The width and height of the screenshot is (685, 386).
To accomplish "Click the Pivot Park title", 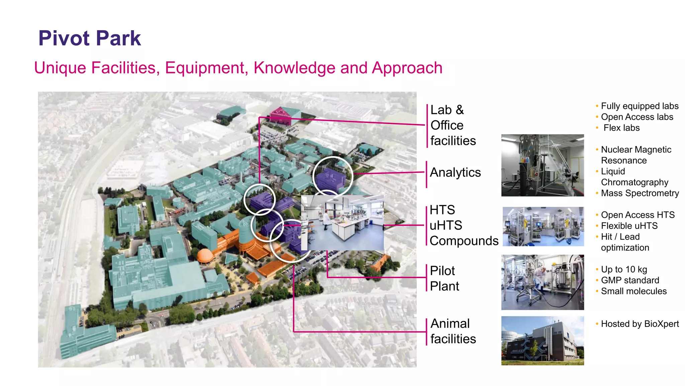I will [90, 38].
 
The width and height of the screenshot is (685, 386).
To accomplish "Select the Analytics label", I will [455, 173].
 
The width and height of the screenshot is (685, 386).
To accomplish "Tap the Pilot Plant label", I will [444, 278].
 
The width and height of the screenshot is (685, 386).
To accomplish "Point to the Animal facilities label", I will [453, 331].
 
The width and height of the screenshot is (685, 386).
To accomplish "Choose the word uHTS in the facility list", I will [446, 226].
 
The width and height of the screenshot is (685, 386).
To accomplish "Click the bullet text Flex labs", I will [621, 128].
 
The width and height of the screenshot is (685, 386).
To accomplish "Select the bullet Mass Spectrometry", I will [640, 193].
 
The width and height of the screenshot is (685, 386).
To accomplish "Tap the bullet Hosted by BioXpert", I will [640, 324].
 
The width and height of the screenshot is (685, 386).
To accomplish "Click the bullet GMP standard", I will [630, 280].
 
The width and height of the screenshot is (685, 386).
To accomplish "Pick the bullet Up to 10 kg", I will [624, 269].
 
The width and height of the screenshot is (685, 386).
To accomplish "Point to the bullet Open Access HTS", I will [638, 215].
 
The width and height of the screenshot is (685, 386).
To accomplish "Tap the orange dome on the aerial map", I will [205, 256].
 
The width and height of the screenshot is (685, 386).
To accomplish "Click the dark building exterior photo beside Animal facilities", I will [542, 340].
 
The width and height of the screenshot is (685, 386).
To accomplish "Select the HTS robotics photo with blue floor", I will [543, 227].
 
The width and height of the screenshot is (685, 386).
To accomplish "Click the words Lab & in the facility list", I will [447, 110].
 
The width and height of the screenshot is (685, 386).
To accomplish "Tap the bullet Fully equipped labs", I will [640, 106].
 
